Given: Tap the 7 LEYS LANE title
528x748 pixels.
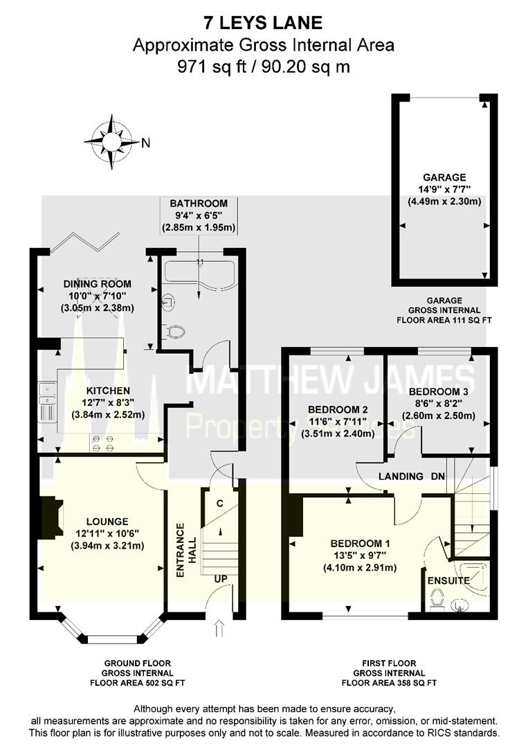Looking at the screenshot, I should point(264,23).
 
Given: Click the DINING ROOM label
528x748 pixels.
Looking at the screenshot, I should point(97,284).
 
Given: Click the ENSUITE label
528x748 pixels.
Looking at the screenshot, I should point(448,580).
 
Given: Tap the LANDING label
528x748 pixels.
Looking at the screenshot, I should point(401,477).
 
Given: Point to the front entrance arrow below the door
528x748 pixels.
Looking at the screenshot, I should point(220,629).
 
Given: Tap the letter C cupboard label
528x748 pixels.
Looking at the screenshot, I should point(219,501).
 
